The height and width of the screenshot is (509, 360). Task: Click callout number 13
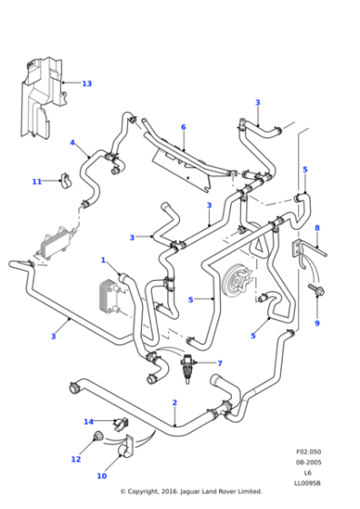pyautogui.click(x=87, y=84)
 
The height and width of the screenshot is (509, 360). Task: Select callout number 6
pyautogui.click(x=183, y=127)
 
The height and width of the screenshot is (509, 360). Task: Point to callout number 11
pyautogui.click(x=37, y=182)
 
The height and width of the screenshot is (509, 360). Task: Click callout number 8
pyautogui.click(x=317, y=228)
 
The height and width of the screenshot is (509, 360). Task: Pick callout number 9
pyautogui.click(x=317, y=324)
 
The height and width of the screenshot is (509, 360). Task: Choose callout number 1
pyautogui.click(x=104, y=260)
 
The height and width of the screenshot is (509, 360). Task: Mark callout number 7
pyautogui.click(x=219, y=364)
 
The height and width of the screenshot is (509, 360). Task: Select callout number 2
pyautogui.click(x=175, y=402)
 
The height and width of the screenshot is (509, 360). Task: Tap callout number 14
pyautogui.click(x=88, y=422)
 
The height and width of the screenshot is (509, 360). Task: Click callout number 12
pyautogui.click(x=75, y=459)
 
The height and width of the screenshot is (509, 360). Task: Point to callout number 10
pyautogui.click(x=102, y=475)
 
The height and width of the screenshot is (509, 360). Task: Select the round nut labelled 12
pyautogui.click(x=97, y=442)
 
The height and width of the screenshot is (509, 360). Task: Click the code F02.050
pyautogui.click(x=308, y=452)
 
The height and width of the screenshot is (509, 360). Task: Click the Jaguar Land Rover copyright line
pyautogui.click(x=191, y=492)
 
